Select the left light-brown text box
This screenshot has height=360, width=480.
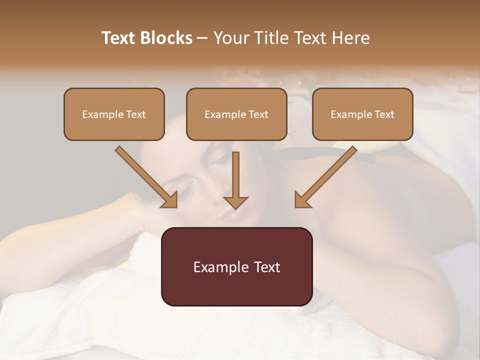(x=114, y=114)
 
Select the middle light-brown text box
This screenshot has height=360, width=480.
(x=236, y=114)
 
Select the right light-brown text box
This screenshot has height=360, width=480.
(x=362, y=114)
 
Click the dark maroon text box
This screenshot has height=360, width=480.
(x=236, y=266)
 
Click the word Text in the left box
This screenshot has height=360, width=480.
(x=136, y=114)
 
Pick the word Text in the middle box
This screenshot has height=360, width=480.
(x=258, y=114)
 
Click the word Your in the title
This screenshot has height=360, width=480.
(x=229, y=38)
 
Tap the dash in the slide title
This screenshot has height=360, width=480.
(x=202, y=38)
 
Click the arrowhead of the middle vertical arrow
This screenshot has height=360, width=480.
(x=235, y=202)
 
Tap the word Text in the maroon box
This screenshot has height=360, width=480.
(x=268, y=267)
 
